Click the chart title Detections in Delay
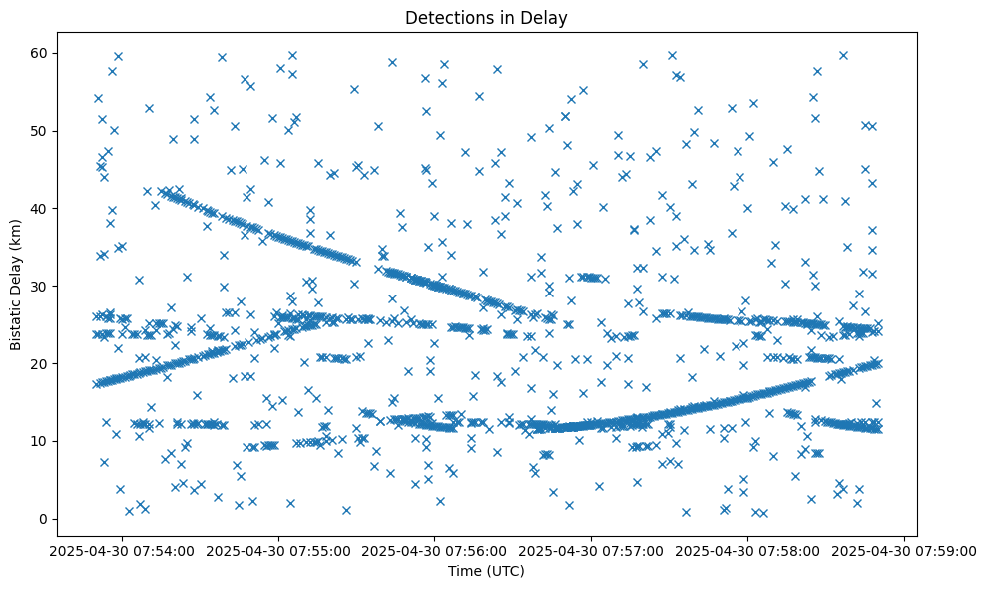[486, 17]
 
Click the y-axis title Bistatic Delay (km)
[17, 285]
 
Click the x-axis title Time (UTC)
[486, 572]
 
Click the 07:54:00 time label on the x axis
[122, 551]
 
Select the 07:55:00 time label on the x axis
[278, 551]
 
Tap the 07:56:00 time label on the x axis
[435, 551]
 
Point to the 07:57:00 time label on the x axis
[592, 551]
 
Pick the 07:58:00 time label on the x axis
[748, 551]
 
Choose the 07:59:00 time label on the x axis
[905, 551]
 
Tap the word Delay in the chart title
[548, 17]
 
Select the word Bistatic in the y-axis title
[17, 322]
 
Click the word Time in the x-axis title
[465, 572]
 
